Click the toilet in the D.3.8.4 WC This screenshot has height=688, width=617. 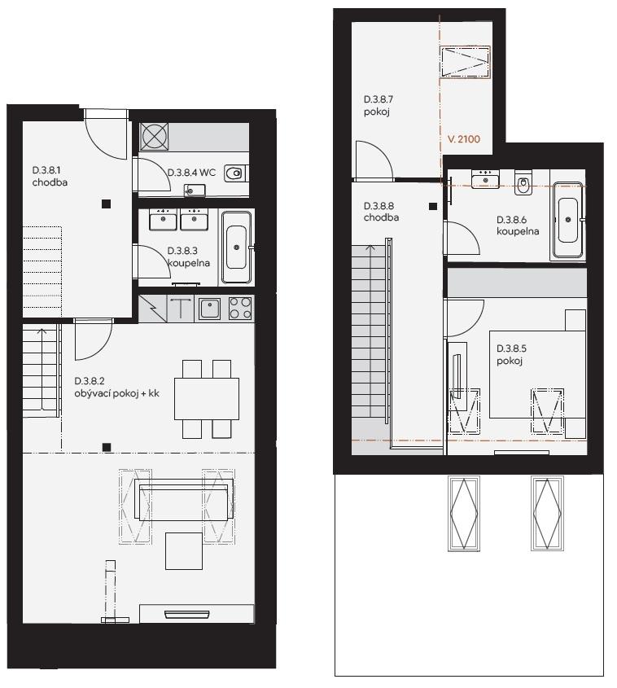[x=235, y=173]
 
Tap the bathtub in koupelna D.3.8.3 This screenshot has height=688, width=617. [x=236, y=248]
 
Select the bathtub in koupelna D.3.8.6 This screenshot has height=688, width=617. [x=568, y=219]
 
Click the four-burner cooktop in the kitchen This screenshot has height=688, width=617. [x=240, y=308]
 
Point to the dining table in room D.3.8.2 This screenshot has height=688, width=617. [x=207, y=399]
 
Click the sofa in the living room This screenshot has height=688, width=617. [x=183, y=500]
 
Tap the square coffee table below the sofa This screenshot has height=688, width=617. [x=184, y=550]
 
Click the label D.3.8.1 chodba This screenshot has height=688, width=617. [x=50, y=176]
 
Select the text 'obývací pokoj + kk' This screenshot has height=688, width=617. [x=116, y=393]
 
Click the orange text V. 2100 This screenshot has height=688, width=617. [x=464, y=139]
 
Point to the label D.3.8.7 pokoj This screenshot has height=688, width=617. [x=379, y=105]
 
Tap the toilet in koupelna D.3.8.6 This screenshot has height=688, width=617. [x=523, y=182]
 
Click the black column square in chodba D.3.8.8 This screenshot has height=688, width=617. [x=433, y=206]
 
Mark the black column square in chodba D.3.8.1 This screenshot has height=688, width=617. [x=106, y=204]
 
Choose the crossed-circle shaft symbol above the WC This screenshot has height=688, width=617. [x=154, y=137]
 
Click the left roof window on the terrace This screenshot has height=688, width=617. [x=464, y=513]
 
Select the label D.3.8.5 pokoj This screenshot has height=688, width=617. [x=511, y=354]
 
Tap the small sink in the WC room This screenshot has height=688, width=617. [x=195, y=190]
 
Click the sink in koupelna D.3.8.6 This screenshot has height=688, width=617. [x=485, y=179]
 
